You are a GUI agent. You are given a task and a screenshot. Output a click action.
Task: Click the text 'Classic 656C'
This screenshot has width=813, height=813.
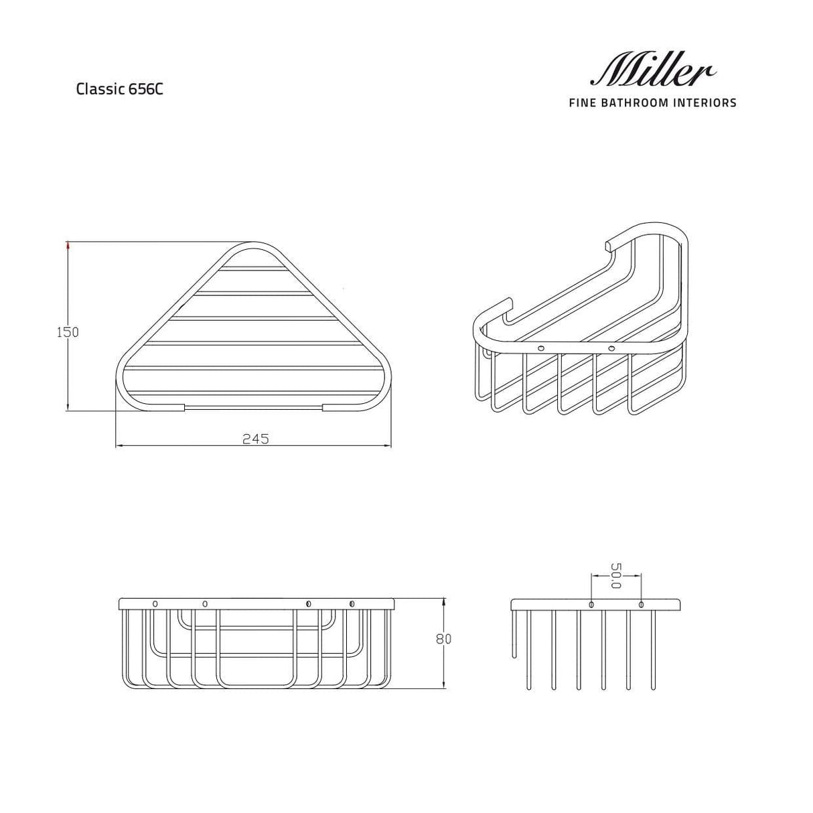(119, 89)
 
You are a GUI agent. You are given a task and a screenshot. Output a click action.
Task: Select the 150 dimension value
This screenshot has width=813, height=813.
(68, 331)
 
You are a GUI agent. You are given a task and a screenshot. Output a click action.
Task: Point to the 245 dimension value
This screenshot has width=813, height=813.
(255, 439)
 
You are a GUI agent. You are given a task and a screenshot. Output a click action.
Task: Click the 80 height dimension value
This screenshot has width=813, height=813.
(443, 638)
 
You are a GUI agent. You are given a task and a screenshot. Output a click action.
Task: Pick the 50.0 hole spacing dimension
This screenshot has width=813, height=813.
(616, 575)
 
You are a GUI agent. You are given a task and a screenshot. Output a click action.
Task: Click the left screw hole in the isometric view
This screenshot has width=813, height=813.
(540, 348)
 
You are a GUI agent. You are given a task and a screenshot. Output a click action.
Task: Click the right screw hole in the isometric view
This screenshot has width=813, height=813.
(611, 348)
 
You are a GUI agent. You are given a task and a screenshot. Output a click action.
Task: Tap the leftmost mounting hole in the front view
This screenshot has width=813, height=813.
(155, 603)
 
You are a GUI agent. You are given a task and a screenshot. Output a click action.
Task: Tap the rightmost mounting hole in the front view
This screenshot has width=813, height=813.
(352, 604)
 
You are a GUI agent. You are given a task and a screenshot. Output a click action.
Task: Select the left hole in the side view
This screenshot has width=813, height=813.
(591, 605)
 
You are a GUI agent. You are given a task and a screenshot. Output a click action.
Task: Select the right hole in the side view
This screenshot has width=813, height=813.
(642, 605)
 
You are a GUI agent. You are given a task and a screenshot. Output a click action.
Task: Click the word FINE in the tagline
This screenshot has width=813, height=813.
(581, 102)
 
